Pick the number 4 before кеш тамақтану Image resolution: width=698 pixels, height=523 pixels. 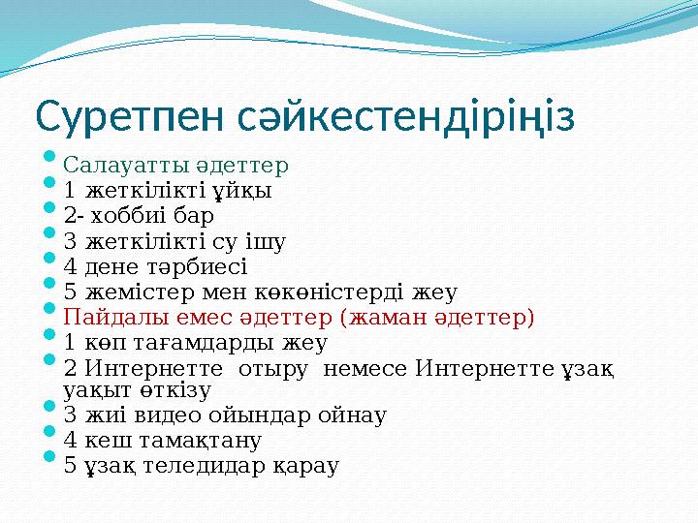pos(70,441)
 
